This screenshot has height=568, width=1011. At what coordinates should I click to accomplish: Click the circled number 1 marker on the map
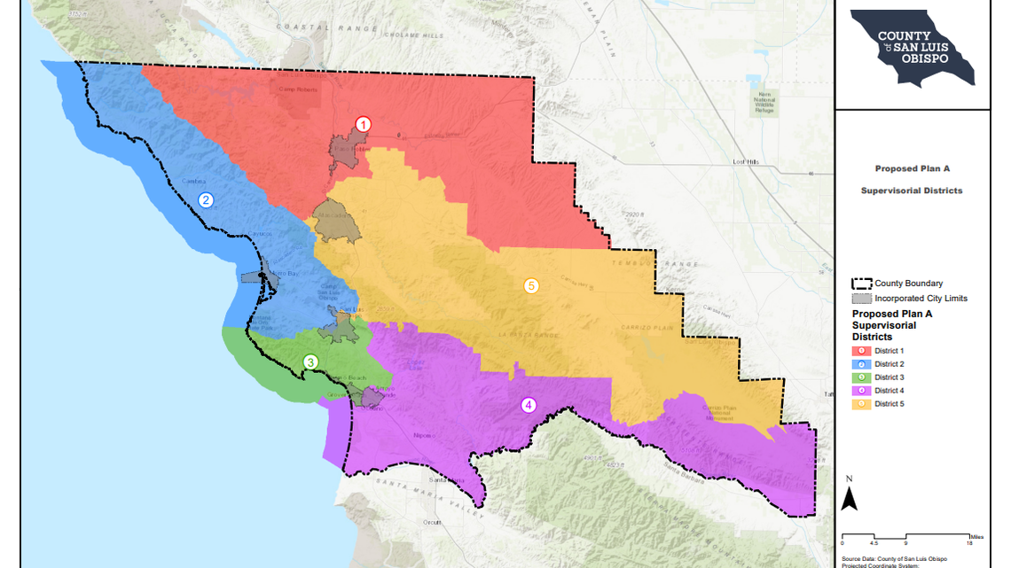click(363, 125)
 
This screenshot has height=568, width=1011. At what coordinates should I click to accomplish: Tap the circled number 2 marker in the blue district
click(206, 200)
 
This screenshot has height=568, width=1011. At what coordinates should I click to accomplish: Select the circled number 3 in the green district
click(310, 362)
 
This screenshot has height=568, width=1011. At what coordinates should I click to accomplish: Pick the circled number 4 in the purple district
click(529, 406)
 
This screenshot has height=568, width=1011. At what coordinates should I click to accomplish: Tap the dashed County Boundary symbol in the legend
click(861, 284)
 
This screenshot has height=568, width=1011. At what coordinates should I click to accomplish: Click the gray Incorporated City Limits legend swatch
click(861, 299)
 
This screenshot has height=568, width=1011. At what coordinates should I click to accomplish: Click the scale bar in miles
click(906, 537)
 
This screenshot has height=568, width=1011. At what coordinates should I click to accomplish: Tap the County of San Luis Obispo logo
click(911, 49)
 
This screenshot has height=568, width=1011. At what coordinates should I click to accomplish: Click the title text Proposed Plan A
click(912, 167)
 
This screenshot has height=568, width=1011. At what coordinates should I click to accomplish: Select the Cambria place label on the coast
click(193, 181)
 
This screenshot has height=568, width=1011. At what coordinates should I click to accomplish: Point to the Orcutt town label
click(432, 522)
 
